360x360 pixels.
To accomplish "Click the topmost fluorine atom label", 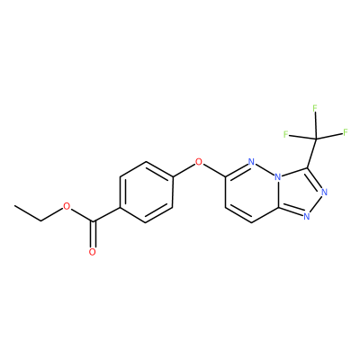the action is tap(315, 108).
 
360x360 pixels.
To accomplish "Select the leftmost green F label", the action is tap(286, 134).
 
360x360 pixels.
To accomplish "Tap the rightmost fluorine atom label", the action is tap(346, 132).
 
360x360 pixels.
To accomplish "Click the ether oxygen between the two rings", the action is tap(198, 162).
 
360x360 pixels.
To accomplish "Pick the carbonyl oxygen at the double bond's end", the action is tap(93, 252).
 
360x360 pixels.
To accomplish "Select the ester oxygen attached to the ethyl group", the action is tap(67, 206).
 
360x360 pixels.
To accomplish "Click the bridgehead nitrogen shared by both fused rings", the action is tap(279, 177).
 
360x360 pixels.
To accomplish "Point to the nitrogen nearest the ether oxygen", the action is tap(252, 162).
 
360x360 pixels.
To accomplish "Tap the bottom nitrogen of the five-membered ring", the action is tap(306, 216).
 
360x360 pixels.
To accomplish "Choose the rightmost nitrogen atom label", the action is tap(324, 192).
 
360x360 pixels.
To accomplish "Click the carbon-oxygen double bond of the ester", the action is tap(93, 235).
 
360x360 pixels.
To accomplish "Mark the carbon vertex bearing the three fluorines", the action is tap(316, 139).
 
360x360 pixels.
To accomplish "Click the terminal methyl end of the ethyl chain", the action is tap(14, 206).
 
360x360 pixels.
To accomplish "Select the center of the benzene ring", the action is tap(146, 192).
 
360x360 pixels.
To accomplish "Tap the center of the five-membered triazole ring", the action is tap(301, 192).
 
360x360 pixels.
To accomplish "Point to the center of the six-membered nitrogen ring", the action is tap(252, 192).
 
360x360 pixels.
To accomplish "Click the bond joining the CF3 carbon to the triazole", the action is tap(311, 153).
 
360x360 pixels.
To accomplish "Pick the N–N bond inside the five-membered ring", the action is tap(315, 203).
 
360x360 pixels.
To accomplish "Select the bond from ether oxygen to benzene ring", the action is tap(184, 170).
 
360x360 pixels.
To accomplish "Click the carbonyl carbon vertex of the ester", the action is tap(94, 222).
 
